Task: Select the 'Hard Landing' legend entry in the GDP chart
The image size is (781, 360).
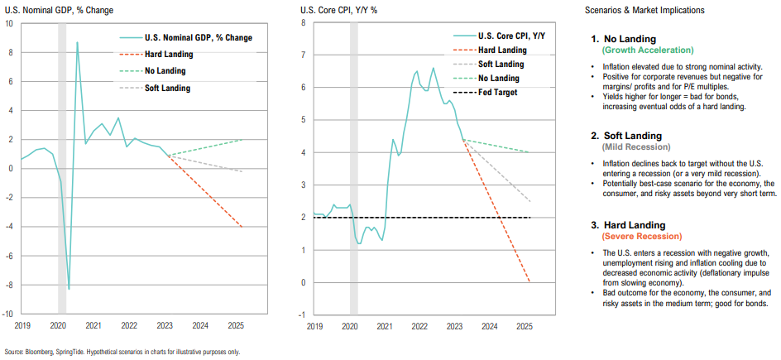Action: click(168, 55)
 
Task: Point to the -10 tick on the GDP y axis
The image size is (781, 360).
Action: click(7, 314)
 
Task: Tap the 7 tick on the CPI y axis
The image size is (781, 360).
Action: click(304, 55)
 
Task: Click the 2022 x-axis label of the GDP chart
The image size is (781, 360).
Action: click(129, 325)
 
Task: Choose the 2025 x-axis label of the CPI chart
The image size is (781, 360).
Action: click(524, 326)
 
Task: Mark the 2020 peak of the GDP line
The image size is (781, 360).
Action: click(78, 42)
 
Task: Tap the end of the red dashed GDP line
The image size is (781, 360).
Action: click(242, 227)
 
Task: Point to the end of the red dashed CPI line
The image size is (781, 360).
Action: click(530, 282)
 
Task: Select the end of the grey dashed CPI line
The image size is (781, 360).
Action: click(530, 202)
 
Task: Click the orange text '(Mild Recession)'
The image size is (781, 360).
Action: click(641, 147)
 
